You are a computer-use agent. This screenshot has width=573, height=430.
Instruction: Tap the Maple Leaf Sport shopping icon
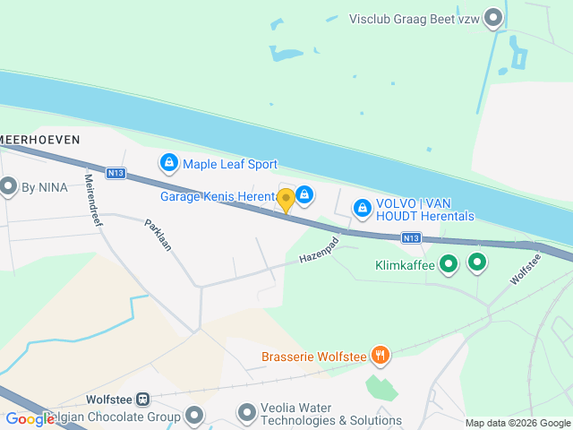[168, 163]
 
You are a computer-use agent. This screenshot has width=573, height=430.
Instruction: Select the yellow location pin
[286, 200]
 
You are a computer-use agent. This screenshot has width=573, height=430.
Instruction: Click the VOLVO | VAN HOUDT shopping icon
[362, 208]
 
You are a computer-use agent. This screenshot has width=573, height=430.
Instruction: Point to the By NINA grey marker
[9, 187]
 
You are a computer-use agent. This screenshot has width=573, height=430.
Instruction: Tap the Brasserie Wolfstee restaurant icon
[381, 357]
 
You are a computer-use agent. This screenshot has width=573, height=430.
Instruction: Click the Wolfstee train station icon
[143, 400]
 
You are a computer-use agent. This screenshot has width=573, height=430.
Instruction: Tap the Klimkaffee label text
[404, 264]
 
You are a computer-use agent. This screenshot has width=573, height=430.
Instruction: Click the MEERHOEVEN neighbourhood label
[40, 140]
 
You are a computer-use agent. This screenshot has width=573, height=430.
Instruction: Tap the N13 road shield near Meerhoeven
[114, 173]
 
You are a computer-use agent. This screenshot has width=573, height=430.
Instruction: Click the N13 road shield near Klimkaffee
[411, 237]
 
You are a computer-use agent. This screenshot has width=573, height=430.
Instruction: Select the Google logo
[30, 418]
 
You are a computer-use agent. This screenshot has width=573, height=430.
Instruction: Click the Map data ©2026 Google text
[517, 423]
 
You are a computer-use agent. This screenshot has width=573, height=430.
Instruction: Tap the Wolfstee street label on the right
[526, 270]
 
